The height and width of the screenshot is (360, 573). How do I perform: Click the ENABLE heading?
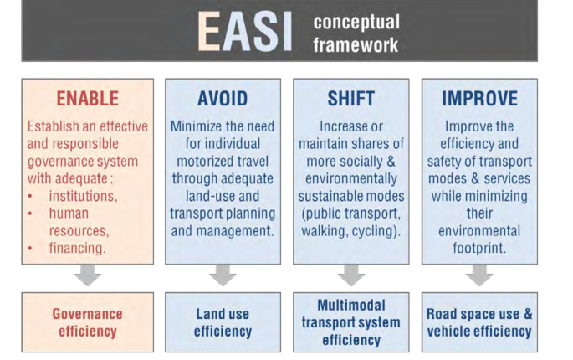pyautogui.click(x=87, y=99)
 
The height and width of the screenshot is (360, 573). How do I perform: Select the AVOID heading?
pyautogui.click(x=223, y=99)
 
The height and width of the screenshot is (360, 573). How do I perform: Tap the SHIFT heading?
pyautogui.click(x=350, y=99)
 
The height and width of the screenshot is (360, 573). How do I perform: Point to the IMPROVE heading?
pyautogui.click(x=479, y=99)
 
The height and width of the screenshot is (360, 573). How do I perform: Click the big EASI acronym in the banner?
pyautogui.click(x=245, y=32)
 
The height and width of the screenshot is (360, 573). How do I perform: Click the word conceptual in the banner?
pyautogui.click(x=356, y=23)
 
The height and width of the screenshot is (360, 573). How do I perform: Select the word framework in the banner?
pyautogui.click(x=356, y=45)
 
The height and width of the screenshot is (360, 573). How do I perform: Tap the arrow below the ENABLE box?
pyautogui.click(x=88, y=275)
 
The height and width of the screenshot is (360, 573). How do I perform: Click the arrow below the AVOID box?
pyautogui.click(x=223, y=275)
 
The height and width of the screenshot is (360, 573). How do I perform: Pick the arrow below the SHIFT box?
pyautogui.click(x=351, y=275)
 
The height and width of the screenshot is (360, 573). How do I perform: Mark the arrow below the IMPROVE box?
pyautogui.click(x=479, y=275)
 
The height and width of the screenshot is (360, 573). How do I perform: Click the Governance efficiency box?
pyautogui.click(x=88, y=322)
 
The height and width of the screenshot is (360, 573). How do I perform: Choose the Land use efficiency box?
pyautogui.click(x=223, y=322)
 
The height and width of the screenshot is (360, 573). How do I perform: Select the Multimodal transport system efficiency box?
pyautogui.click(x=351, y=322)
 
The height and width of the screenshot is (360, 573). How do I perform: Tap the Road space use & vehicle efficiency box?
pyautogui.click(x=479, y=322)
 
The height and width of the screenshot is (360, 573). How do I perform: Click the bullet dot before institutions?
pyautogui.click(x=30, y=197)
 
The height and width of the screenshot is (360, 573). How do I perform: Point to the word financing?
pyautogui.click(x=77, y=248)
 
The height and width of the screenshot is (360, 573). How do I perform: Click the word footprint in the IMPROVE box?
pyautogui.click(x=479, y=248)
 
